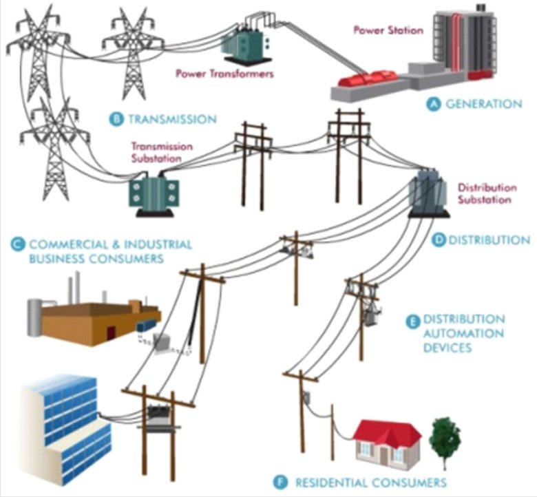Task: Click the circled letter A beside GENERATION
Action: coord(434,104)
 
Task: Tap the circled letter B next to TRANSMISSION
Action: coord(116,119)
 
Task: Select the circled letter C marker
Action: coord(17,244)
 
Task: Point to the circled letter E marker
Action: coord(412,321)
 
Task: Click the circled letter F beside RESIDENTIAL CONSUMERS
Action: coord(280,483)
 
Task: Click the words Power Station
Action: coord(388,30)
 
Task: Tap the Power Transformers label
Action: coord(224,74)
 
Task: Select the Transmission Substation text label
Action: coord(162,152)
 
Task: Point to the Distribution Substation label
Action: coord(487,193)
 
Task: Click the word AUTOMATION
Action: coord(463,333)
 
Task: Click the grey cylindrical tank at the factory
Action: coord(34,317)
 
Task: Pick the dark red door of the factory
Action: coord(111,333)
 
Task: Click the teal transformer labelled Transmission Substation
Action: coord(154,196)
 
